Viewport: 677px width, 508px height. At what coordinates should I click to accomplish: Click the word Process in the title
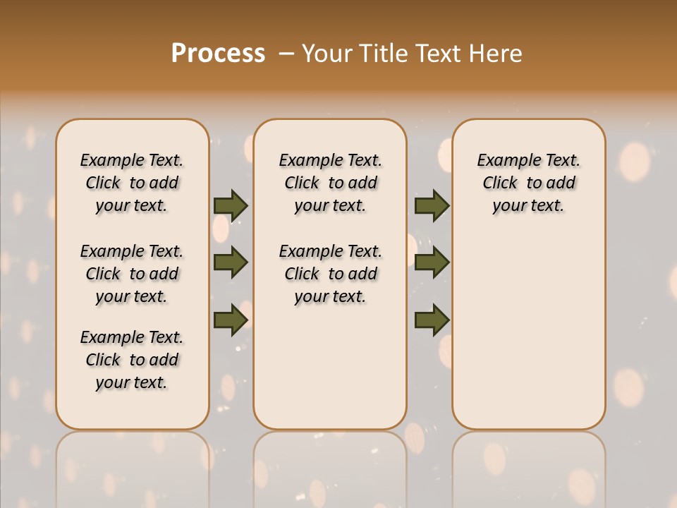click(218, 54)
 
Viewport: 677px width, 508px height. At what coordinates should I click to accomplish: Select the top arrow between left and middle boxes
click(231, 205)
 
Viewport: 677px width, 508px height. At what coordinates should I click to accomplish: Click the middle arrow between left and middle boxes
click(231, 262)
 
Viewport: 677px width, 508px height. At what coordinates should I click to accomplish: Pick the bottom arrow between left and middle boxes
click(231, 319)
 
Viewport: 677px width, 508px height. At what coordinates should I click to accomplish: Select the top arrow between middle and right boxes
click(432, 205)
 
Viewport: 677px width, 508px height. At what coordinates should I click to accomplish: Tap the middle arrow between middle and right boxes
click(432, 262)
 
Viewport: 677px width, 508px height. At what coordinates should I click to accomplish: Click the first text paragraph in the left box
click(132, 183)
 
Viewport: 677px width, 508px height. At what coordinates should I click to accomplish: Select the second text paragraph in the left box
click(132, 274)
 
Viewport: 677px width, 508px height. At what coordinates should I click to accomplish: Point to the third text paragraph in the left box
click(132, 360)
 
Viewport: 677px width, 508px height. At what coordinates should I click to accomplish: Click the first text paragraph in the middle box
click(331, 183)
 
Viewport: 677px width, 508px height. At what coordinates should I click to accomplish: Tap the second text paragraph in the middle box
click(331, 274)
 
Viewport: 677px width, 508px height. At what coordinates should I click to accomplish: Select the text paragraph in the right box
click(529, 183)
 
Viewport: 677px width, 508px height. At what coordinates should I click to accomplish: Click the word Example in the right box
click(505, 161)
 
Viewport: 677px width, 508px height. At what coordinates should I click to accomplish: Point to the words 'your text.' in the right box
click(529, 205)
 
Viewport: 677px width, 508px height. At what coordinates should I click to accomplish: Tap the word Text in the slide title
click(437, 54)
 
